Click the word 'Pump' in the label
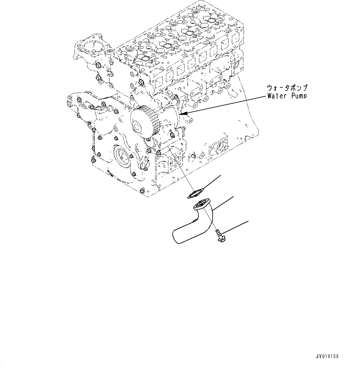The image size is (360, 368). [299, 96]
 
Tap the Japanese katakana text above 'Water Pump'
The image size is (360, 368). [288, 88]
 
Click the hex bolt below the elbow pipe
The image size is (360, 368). [219, 236]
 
